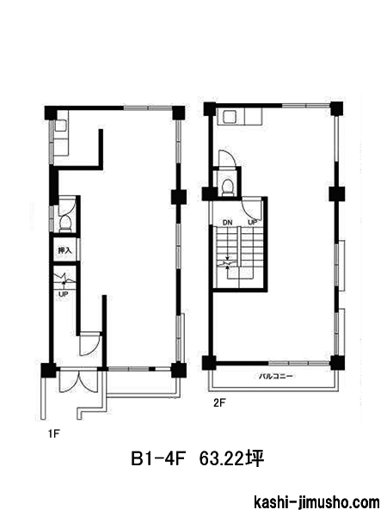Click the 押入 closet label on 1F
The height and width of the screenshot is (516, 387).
(x=65, y=250)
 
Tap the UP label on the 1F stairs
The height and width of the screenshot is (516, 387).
(x=63, y=294)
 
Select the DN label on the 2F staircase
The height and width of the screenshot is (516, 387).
(x=227, y=223)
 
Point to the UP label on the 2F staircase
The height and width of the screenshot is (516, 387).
(x=252, y=223)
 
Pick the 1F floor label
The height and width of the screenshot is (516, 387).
(x=53, y=434)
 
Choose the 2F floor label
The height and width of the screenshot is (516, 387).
(x=219, y=402)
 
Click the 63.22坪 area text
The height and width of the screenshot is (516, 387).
(x=231, y=458)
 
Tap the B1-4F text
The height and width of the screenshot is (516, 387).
(x=157, y=458)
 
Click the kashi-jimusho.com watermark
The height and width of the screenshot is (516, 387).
(x=316, y=503)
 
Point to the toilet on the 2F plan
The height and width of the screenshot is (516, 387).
(x=227, y=187)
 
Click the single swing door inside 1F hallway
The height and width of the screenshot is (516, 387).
(x=89, y=344)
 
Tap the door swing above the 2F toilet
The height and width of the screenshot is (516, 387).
(x=226, y=158)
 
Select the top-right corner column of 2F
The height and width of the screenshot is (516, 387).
(x=336, y=109)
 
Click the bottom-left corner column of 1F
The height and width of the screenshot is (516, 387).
(x=48, y=370)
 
